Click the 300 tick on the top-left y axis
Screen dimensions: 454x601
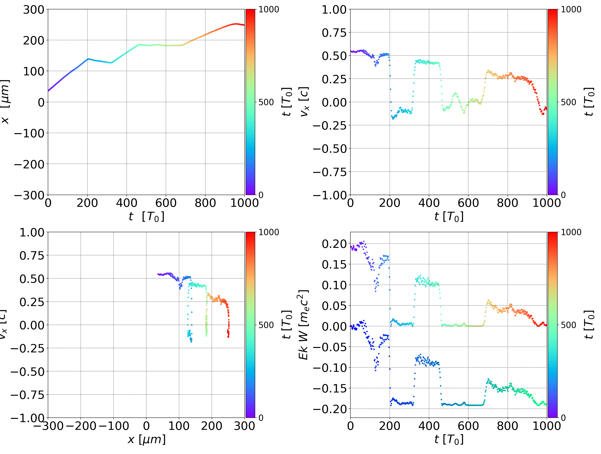33,10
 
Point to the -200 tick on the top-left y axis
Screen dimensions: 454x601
29,164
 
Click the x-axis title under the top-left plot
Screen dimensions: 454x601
146,217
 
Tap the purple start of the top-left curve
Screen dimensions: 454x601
48,91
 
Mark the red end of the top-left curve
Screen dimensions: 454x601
244,25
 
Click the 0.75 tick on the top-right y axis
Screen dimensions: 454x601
334,33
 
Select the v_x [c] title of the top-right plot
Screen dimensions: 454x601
304,102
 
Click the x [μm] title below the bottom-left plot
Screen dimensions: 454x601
146,439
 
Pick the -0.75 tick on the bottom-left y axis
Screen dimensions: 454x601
27,395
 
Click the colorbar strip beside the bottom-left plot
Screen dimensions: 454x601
250,325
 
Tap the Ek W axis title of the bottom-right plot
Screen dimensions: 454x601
303,325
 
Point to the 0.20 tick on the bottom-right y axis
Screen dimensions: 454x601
334,244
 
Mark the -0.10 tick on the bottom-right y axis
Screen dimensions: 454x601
330,368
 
